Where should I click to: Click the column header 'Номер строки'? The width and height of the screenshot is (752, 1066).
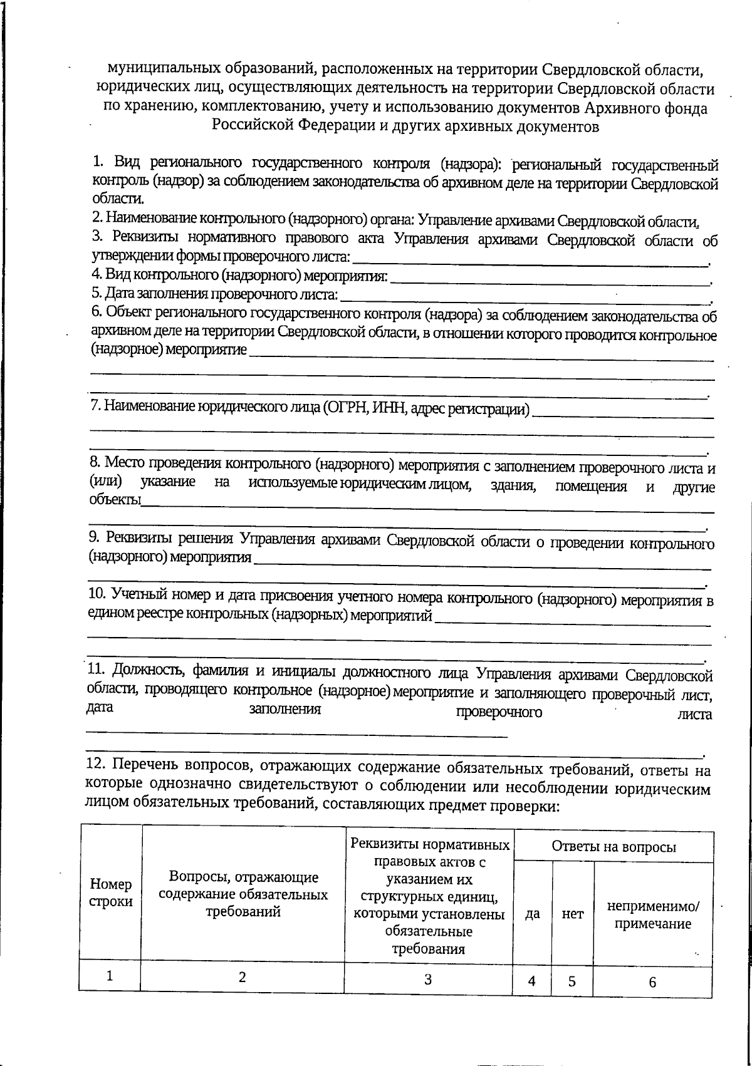(111, 893)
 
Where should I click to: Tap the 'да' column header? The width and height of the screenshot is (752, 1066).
(532, 913)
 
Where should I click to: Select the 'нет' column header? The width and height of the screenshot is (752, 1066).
(572, 913)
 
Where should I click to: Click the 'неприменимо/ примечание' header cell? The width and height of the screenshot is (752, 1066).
(652, 914)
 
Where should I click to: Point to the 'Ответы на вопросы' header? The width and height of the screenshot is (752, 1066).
(613, 847)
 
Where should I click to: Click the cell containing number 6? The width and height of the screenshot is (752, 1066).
(652, 982)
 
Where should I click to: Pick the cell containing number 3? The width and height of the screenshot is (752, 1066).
(428, 979)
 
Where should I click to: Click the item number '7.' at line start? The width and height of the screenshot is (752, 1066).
(96, 406)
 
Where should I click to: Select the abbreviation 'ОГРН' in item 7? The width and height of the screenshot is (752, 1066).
(347, 409)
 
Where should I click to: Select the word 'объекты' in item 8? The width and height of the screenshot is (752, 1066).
(114, 500)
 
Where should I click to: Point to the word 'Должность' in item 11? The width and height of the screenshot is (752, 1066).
(148, 671)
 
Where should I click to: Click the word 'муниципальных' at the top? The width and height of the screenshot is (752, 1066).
(159, 68)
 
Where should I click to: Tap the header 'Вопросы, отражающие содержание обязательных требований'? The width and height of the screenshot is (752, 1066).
(243, 894)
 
